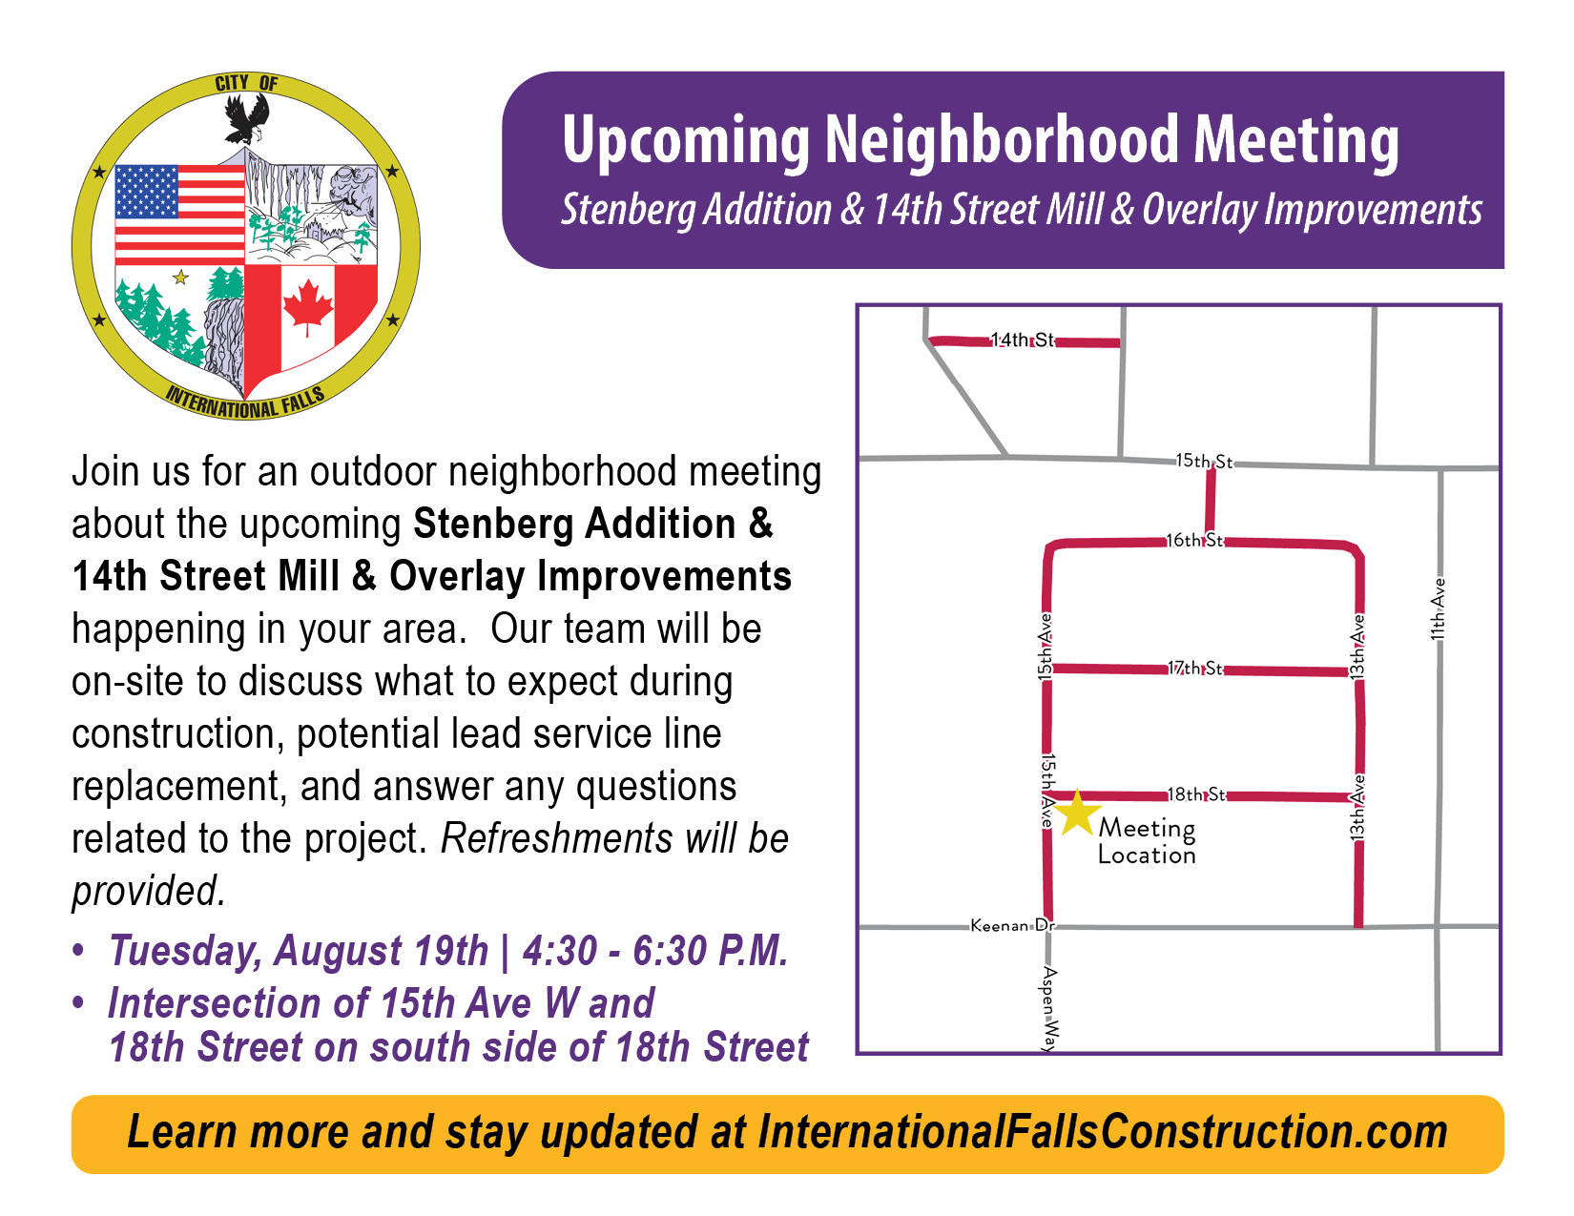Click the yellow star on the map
pyautogui.click(x=1076, y=813)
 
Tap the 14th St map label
pyautogui.click(x=1022, y=340)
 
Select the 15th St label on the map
pyautogui.click(x=1204, y=461)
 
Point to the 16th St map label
pyautogui.click(x=1194, y=540)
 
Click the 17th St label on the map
pyautogui.click(x=1195, y=668)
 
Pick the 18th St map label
pyautogui.click(x=1196, y=794)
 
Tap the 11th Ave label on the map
pyautogui.click(x=1438, y=609)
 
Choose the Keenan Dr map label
pyautogui.click(x=1013, y=925)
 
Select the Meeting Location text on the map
pyautogui.click(x=1147, y=841)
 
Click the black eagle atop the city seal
pyautogui.click(x=246, y=119)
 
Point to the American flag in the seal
pyautogui.click(x=179, y=216)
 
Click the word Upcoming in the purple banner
pyautogui.click(x=686, y=141)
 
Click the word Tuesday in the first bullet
pyautogui.click(x=185, y=951)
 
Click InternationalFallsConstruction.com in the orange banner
pyautogui.click(x=1103, y=1132)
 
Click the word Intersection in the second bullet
pyautogui.click(x=215, y=1003)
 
